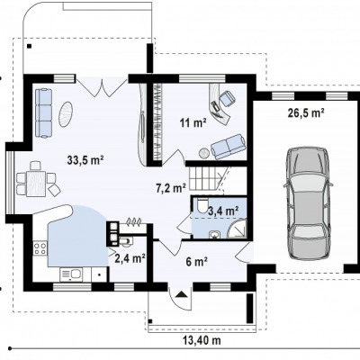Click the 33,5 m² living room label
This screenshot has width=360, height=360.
click(x=85, y=160)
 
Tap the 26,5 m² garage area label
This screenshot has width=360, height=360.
click(x=306, y=112)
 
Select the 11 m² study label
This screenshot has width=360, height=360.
click(x=193, y=122)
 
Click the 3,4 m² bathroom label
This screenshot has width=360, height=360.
click(x=223, y=211)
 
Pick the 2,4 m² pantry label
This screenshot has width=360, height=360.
click(x=130, y=257)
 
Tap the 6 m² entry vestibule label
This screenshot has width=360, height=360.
click(x=197, y=262)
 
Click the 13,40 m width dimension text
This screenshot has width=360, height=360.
click(x=202, y=340)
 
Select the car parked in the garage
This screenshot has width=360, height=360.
click(x=308, y=202)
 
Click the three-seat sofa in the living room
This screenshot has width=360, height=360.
click(x=43, y=113)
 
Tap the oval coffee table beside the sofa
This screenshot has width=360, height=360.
click(x=66, y=114)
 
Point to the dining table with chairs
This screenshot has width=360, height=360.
click(x=37, y=179)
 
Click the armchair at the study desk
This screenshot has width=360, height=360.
click(x=227, y=98)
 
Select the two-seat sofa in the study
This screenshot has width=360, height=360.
click(x=228, y=147)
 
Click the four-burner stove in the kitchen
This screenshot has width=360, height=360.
click(x=40, y=248)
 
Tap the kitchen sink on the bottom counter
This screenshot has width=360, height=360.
click(x=72, y=274)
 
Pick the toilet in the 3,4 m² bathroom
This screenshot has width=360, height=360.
click(x=202, y=204)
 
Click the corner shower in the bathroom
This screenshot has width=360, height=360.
click(x=237, y=229)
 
